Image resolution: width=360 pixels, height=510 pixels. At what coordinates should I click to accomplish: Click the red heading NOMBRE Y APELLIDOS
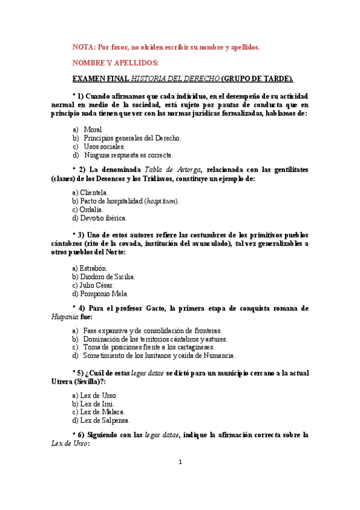point(115,63)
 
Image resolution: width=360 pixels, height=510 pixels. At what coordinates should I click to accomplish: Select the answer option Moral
point(93,129)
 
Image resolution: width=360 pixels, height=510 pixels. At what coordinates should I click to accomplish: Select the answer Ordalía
point(88,209)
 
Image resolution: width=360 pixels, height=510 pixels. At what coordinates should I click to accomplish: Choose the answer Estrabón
point(90,268)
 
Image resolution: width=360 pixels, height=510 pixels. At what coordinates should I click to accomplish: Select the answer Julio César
point(93,285)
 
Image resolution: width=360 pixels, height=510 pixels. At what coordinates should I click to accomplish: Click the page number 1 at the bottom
point(180,462)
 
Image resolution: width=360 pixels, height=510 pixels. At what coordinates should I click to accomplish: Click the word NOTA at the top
point(82,47)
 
